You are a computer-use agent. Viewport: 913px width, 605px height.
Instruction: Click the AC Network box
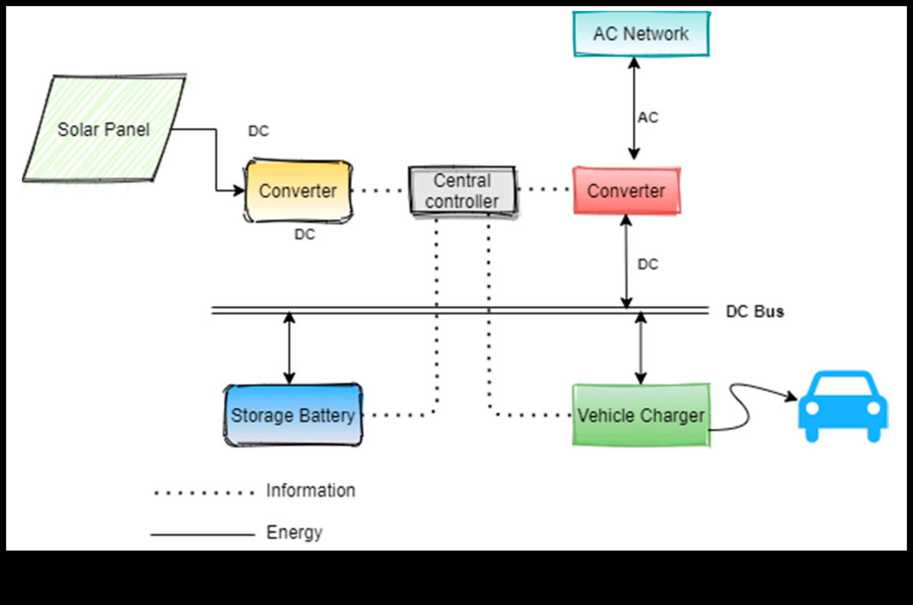(641, 34)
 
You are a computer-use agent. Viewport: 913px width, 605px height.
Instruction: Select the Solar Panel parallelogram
(103, 129)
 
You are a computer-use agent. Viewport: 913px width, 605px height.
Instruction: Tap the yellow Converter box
(298, 191)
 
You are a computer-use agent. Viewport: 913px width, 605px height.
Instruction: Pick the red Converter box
(626, 191)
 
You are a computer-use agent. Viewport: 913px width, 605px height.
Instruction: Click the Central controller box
(462, 191)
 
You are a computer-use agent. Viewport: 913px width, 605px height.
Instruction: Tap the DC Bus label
(755, 311)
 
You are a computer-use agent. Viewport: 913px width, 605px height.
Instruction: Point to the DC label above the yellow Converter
(258, 131)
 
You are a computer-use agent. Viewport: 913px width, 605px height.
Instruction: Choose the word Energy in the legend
(294, 533)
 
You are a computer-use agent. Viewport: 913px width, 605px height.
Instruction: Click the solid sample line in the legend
(203, 535)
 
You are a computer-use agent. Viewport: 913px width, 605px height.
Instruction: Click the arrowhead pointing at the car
(792, 397)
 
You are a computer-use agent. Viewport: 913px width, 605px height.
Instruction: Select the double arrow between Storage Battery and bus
(289, 348)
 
